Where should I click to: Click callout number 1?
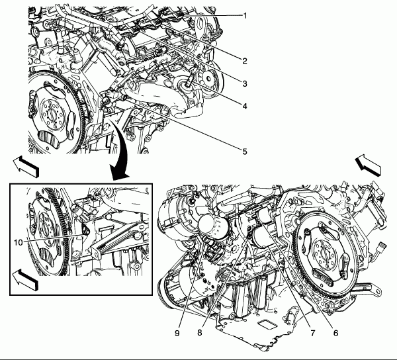[x=245, y=15]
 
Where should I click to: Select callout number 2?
[x=245, y=61]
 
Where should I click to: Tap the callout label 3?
[x=245, y=83]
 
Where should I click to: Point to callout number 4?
[x=245, y=105]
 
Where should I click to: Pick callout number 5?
[x=245, y=152]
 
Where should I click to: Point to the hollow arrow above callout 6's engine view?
[x=369, y=163]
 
